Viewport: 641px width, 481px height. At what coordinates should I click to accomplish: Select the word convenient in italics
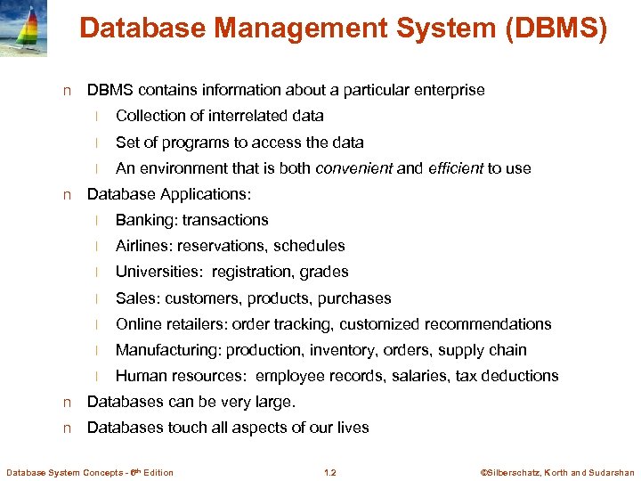(x=354, y=168)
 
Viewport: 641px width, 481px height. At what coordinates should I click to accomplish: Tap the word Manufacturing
(x=168, y=350)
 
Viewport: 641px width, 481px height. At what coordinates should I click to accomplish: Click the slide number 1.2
(x=330, y=472)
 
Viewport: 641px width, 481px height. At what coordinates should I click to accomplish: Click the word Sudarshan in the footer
(x=613, y=472)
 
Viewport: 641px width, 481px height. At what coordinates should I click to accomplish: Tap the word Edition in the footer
(x=158, y=472)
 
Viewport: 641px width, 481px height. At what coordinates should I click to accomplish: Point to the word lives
(x=353, y=428)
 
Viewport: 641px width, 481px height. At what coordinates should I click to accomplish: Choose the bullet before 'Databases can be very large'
(x=67, y=403)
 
